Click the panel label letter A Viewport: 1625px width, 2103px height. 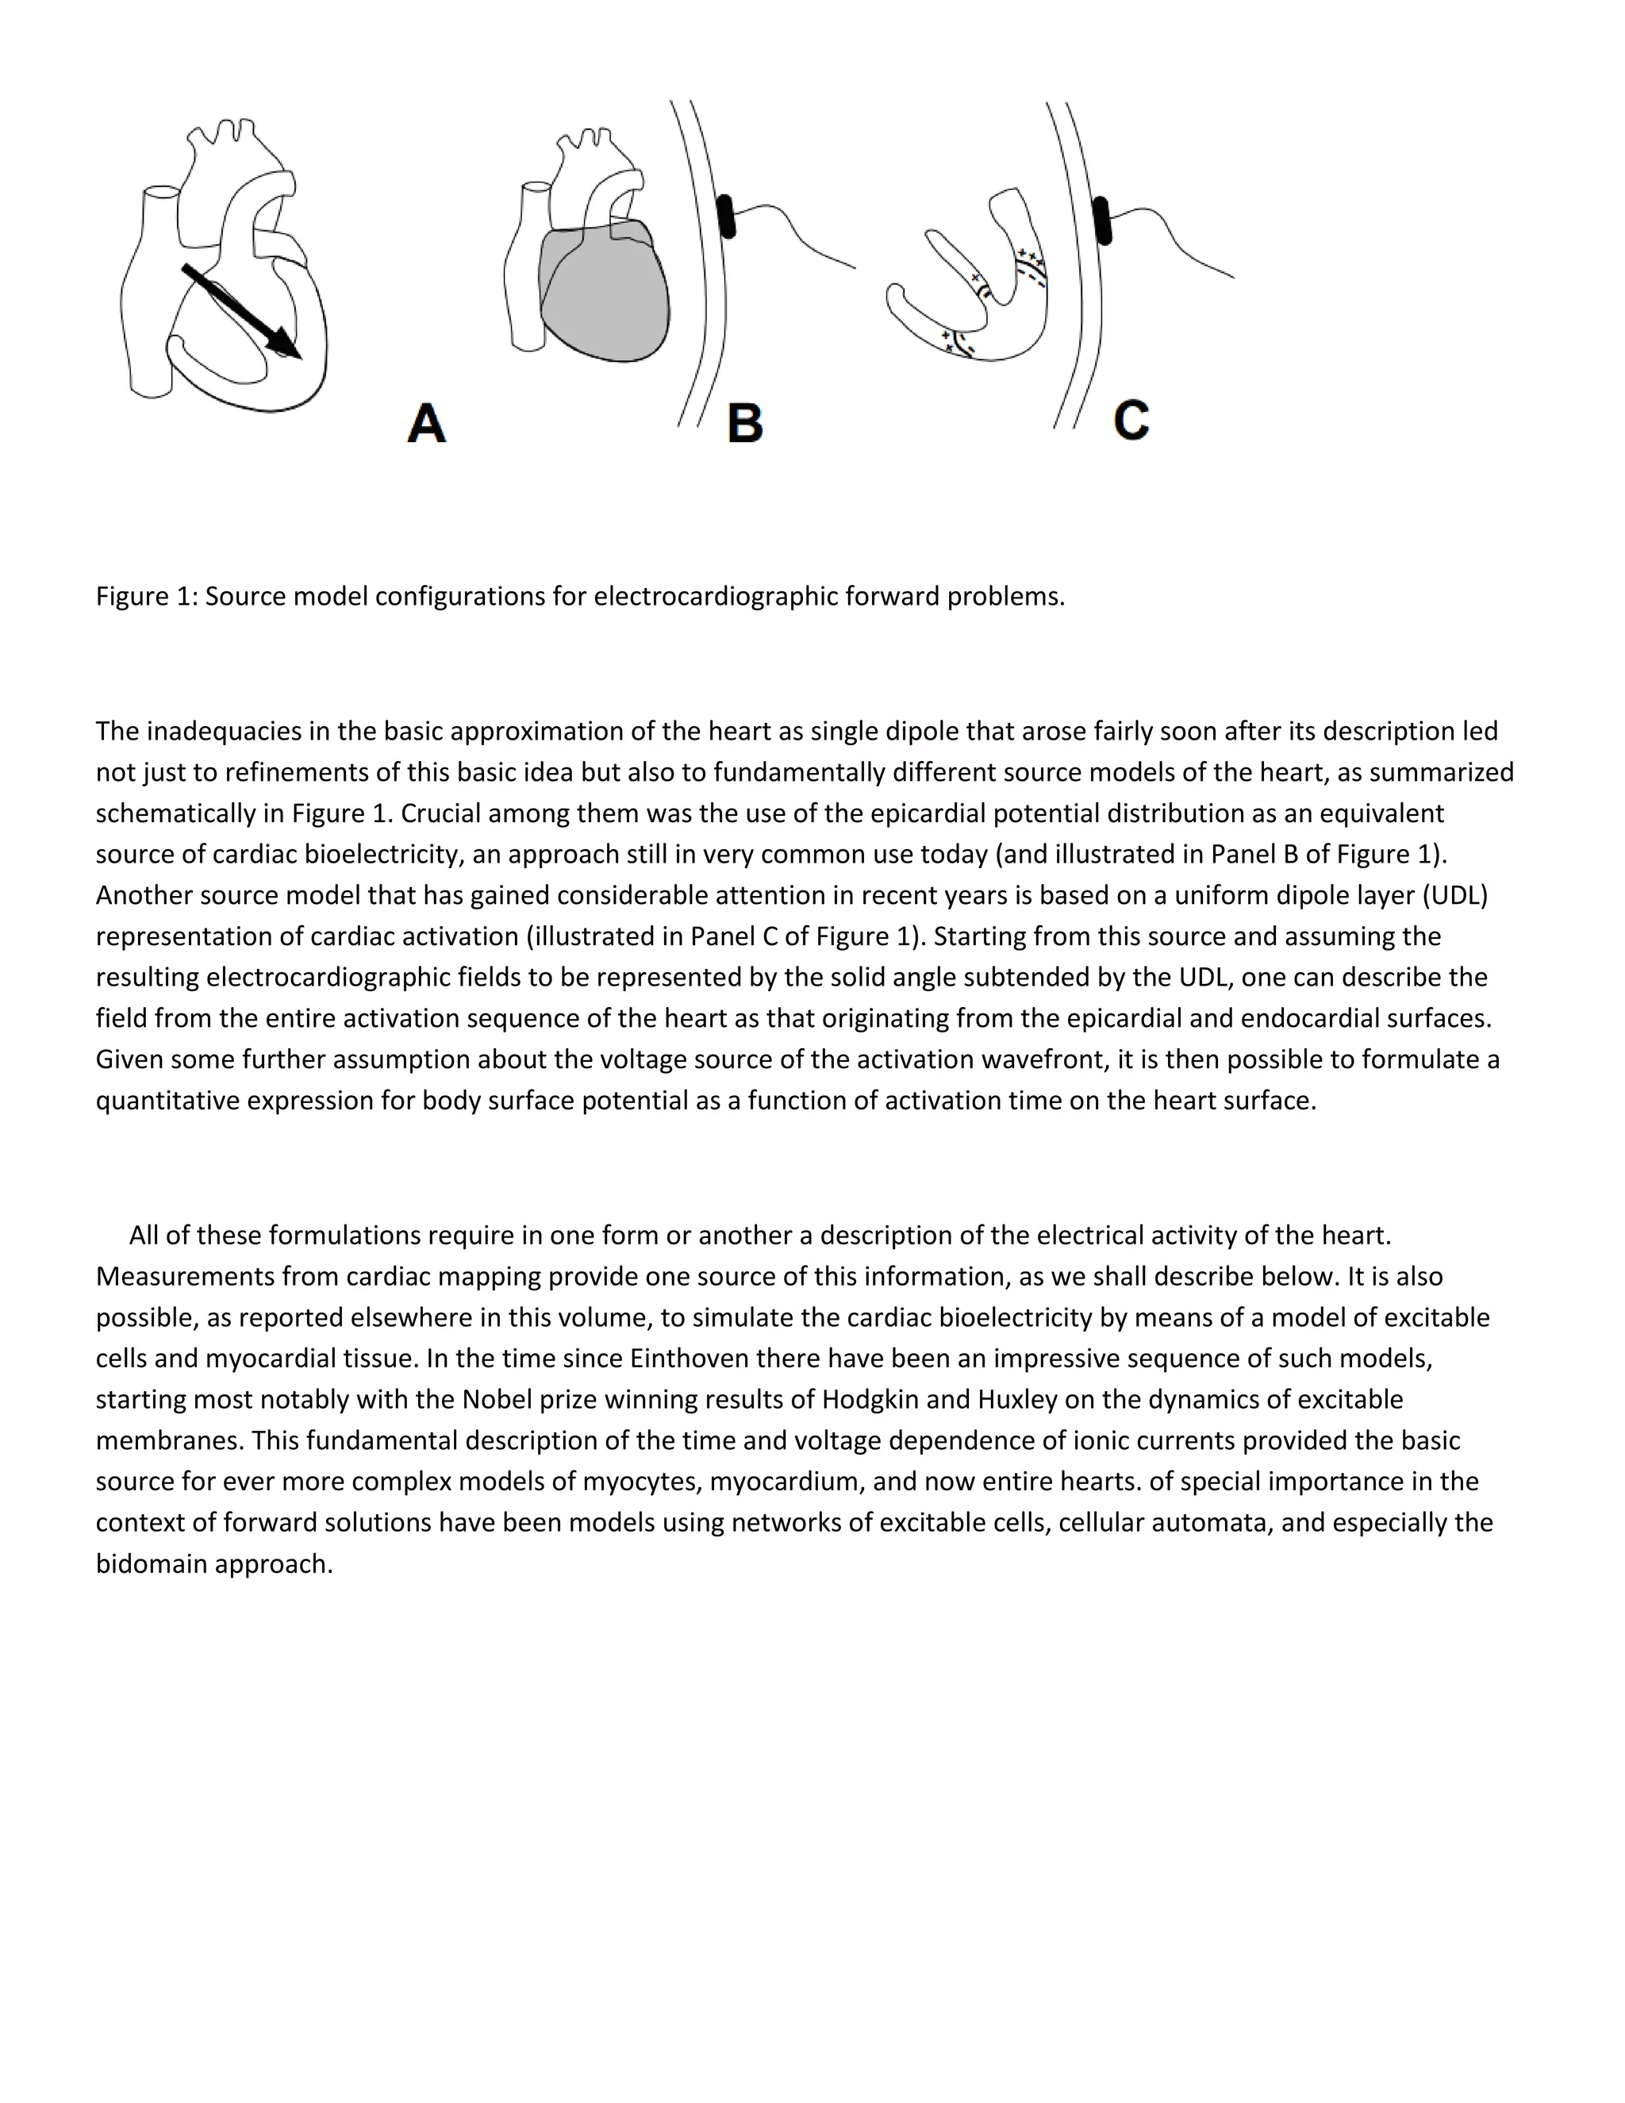426,424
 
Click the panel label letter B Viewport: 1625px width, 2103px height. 745,424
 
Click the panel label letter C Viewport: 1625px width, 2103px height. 1131,421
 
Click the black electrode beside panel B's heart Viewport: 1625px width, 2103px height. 727,216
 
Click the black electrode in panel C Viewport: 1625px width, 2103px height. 1102,220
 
